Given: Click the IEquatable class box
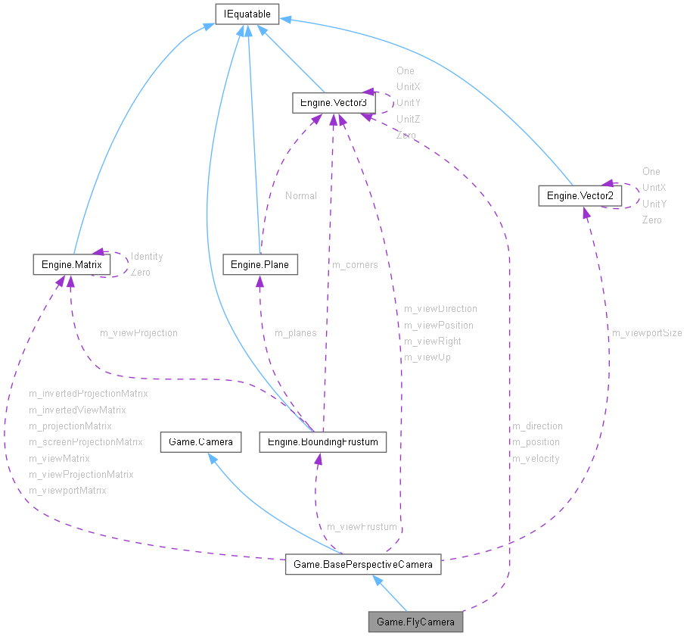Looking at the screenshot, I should point(247,14).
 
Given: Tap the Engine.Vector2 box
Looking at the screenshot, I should point(580,196).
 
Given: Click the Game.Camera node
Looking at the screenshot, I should point(200,441).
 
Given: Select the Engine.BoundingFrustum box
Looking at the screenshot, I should point(323,441).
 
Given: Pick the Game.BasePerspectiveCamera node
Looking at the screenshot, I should point(363,564).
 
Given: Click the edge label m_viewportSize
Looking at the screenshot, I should point(647,333).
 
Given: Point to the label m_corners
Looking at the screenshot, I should point(355,265).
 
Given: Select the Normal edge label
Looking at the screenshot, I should point(301,196).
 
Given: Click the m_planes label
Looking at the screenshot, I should point(295,333).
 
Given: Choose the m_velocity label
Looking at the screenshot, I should point(536,458).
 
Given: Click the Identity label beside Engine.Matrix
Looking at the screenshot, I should point(147,257).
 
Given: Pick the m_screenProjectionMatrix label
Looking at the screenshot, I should point(85,442).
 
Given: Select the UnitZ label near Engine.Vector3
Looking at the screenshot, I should point(409,119).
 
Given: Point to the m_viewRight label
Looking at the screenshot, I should point(433,341).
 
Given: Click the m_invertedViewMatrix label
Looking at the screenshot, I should point(77,410).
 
